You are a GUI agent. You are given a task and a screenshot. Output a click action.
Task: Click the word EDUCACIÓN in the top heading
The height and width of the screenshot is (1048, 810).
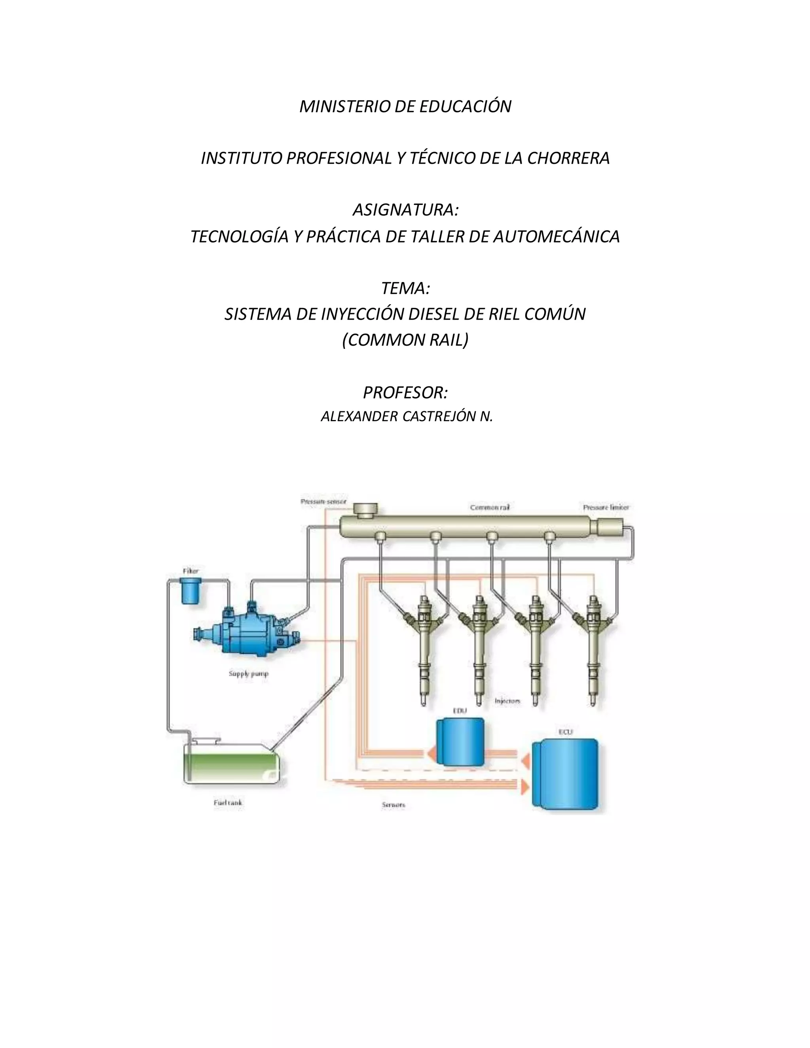(x=465, y=106)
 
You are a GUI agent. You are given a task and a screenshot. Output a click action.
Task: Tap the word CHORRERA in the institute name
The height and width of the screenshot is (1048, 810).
(x=568, y=158)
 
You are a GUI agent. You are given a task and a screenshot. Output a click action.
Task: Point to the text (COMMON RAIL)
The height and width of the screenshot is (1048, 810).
(x=405, y=340)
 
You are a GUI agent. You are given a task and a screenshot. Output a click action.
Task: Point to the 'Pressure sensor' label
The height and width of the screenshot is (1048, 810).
(x=323, y=501)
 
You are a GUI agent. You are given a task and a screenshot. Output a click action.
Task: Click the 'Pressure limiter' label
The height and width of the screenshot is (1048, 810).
(x=606, y=507)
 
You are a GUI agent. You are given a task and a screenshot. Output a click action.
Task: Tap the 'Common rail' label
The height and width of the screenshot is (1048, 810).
(x=490, y=507)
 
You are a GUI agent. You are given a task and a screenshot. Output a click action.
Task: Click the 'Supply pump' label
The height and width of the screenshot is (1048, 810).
(x=248, y=674)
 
